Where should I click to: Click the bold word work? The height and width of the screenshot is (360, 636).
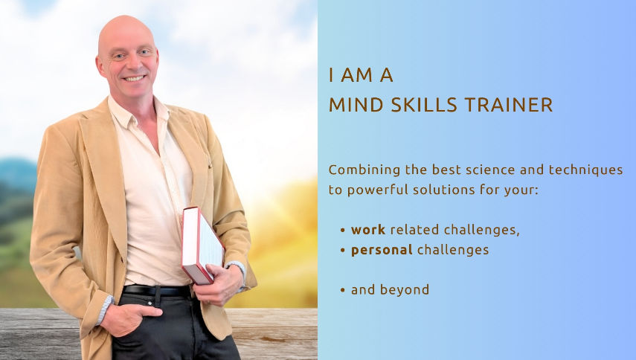368,230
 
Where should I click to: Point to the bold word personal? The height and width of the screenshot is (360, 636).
382,250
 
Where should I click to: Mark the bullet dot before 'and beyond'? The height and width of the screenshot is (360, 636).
342,290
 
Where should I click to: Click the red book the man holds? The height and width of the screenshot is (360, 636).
202,245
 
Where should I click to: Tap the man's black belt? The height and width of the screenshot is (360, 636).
155,290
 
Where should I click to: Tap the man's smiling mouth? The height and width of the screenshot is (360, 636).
134,78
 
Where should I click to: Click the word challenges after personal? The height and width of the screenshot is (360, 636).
453,250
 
